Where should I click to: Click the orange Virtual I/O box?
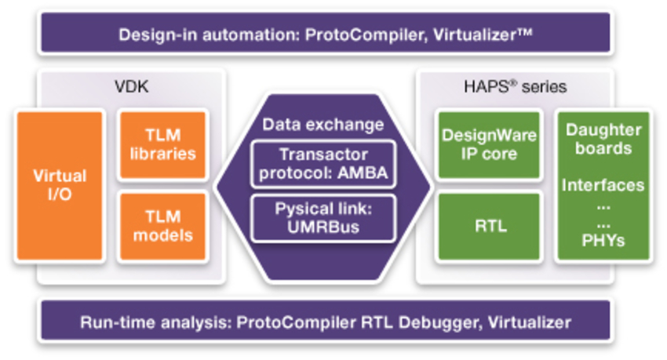tap(60, 185)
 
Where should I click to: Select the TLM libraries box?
tap(162, 145)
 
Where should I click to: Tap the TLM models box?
tap(162, 226)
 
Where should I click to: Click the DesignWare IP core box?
tap(490, 145)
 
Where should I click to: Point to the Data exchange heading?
tap(323, 124)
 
